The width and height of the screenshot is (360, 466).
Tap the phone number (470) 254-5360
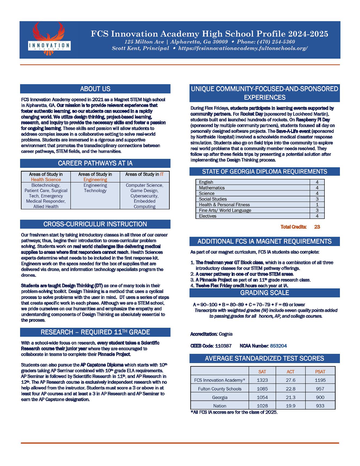[x=279, y=42]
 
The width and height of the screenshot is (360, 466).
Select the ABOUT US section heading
[x=95, y=89]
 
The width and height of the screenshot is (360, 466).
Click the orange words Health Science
[x=46, y=180]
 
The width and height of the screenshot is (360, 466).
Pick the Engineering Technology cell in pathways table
[x=95, y=188]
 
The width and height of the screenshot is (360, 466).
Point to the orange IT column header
[x=162, y=174]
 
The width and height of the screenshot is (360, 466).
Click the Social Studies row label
[x=213, y=199]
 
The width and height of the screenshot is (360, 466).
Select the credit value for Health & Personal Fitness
[x=317, y=205]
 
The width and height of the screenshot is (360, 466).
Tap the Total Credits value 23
[x=317, y=227]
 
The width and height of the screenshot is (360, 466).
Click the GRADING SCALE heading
[x=264, y=293]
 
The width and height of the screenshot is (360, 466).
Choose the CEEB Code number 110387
[x=223, y=346]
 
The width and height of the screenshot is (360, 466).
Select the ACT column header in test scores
[x=290, y=372]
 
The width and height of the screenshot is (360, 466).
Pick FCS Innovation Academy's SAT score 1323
[x=262, y=380]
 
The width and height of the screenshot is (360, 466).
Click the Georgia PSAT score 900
[x=320, y=397]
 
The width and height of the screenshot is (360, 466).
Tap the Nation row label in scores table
[x=220, y=406]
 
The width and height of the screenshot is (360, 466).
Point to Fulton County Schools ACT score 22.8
[x=290, y=389]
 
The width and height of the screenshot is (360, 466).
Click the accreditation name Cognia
[x=226, y=334]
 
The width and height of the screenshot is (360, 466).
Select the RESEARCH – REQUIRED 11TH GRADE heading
[x=95, y=332]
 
